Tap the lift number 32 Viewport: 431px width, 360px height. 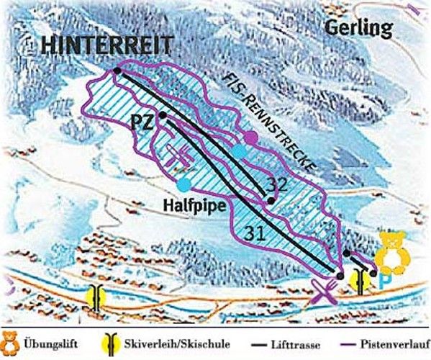[276, 185]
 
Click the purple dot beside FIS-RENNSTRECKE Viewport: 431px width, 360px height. [250, 136]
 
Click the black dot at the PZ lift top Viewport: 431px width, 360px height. [163, 114]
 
